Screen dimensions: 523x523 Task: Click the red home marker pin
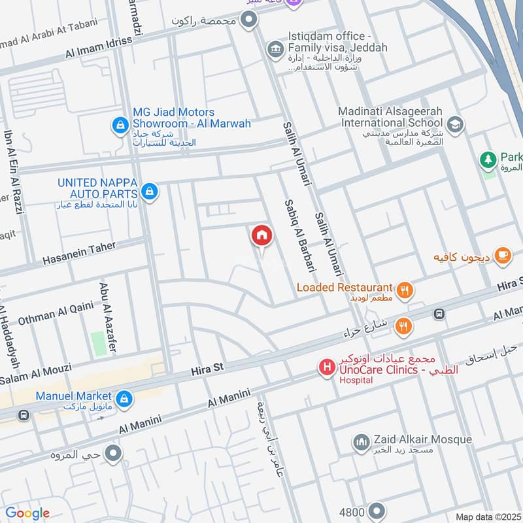(x=261, y=235)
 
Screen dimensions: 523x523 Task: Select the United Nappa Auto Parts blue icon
(x=149, y=191)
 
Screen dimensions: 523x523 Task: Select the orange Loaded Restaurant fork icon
(x=405, y=290)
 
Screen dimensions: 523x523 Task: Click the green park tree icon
(x=488, y=158)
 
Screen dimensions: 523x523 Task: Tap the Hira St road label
(x=207, y=369)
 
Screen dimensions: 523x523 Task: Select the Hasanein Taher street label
(x=79, y=253)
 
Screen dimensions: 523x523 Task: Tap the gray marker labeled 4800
(x=377, y=510)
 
